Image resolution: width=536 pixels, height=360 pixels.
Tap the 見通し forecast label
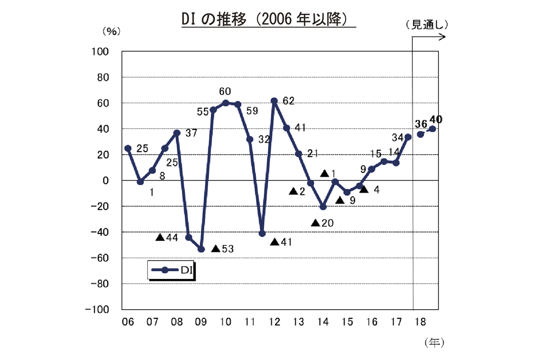click(x=426, y=25)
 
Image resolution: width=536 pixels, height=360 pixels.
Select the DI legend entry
click(x=171, y=270)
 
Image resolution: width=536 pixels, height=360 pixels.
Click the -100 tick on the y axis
click(x=100, y=310)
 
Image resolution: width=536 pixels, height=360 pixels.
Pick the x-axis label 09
click(x=201, y=322)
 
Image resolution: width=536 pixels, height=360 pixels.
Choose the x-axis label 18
click(x=421, y=322)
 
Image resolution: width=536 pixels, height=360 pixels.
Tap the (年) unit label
click(x=434, y=343)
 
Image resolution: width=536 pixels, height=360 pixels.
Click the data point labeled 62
click(x=274, y=101)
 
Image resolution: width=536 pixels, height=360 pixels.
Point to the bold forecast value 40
click(x=436, y=119)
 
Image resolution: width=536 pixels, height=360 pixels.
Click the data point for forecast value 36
click(x=421, y=134)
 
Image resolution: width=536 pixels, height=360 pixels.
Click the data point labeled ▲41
click(x=262, y=233)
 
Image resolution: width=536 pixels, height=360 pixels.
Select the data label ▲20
click(x=322, y=223)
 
